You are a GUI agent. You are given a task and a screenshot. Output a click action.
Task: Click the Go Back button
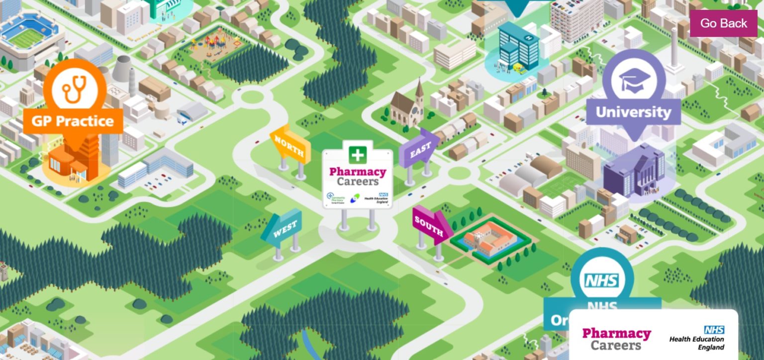click(723, 23)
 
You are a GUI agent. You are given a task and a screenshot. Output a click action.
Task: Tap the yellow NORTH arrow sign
click(289, 144)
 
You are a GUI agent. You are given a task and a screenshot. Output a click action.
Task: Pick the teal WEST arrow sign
click(283, 230)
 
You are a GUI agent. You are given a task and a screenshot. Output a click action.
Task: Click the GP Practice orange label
click(73, 121)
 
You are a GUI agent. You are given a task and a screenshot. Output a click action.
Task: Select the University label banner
click(633, 112)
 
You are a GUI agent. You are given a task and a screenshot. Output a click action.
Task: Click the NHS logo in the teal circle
click(602, 281)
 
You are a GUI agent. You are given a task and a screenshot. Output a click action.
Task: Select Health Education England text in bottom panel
click(696, 340)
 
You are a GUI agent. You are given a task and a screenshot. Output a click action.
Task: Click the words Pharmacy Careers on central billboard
click(357, 177)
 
